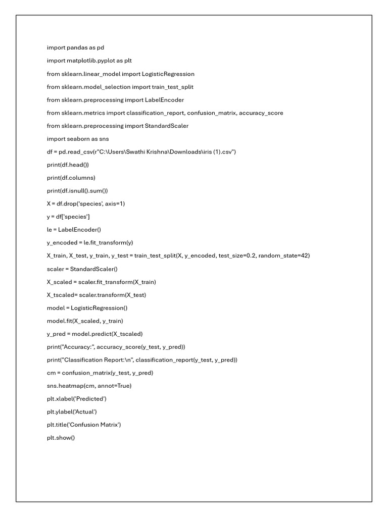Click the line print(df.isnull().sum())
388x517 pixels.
click(77, 191)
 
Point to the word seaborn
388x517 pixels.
click(78, 139)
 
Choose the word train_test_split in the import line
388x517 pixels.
click(173, 87)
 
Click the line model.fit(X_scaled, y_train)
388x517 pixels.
click(85, 321)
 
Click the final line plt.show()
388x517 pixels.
click(61, 438)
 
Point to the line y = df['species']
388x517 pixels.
click(68, 217)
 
